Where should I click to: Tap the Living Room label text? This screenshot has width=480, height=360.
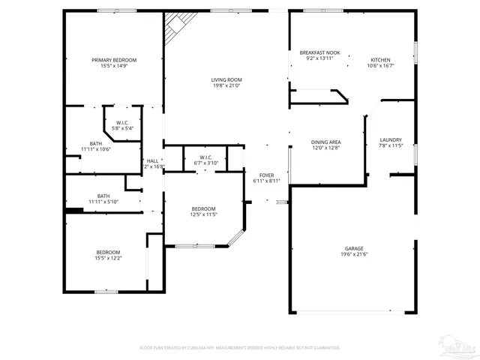pos(225,79)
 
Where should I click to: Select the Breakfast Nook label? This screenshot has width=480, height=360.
pos(319,52)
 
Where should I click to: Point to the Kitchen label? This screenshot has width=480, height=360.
pos(380,60)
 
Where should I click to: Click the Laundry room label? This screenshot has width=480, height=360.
pos(391,139)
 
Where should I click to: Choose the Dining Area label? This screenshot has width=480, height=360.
pos(326,142)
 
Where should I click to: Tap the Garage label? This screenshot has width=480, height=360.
pos(354,248)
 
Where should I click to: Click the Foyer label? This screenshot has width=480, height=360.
pos(266,175)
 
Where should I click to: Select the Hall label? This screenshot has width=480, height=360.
pos(152,160)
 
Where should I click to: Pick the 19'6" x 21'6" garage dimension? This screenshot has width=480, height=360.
pos(354,254)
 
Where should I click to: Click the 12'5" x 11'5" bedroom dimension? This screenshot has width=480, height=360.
pos(203,214)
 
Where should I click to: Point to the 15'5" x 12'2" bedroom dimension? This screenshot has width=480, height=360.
pos(108,258)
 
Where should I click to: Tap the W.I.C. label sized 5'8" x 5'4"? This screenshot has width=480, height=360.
pos(122,123)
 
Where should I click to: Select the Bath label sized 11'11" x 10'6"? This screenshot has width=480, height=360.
pos(96,143)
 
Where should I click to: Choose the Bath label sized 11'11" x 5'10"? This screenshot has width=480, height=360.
pos(103,196)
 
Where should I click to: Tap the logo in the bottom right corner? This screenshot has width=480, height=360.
pos(459,347)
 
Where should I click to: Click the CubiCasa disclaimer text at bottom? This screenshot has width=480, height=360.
pos(240,348)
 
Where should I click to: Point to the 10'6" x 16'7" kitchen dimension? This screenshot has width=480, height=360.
pos(380,66)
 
